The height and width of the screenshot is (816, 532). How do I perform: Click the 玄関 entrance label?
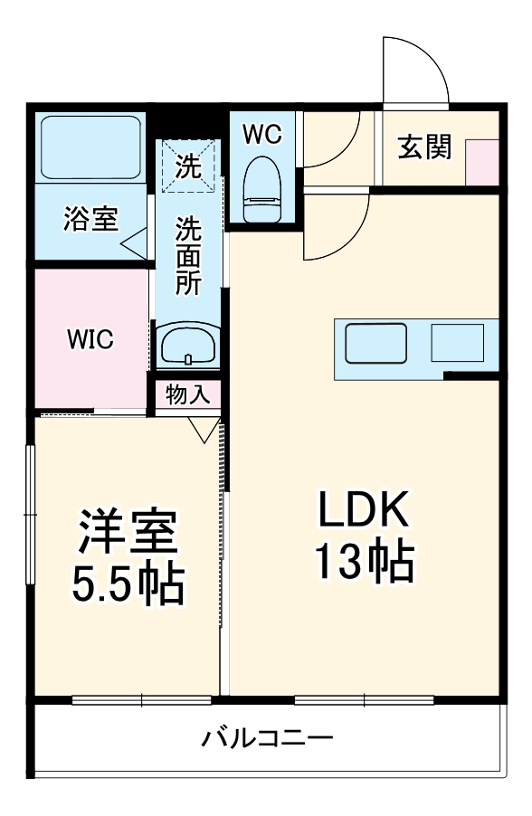(x=425, y=147)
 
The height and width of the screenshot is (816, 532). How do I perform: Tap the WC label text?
(x=262, y=134)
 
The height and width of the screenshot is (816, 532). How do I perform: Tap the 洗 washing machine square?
(x=187, y=166)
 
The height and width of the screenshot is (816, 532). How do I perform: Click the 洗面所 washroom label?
(x=187, y=255)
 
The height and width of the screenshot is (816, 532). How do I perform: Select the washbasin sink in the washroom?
(x=187, y=345)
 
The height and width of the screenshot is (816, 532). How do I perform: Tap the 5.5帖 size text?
(x=128, y=585)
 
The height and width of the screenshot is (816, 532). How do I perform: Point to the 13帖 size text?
(x=364, y=562)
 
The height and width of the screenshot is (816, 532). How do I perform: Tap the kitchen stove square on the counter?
(x=457, y=342)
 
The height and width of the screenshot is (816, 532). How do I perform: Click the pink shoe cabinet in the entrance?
(x=482, y=162)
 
